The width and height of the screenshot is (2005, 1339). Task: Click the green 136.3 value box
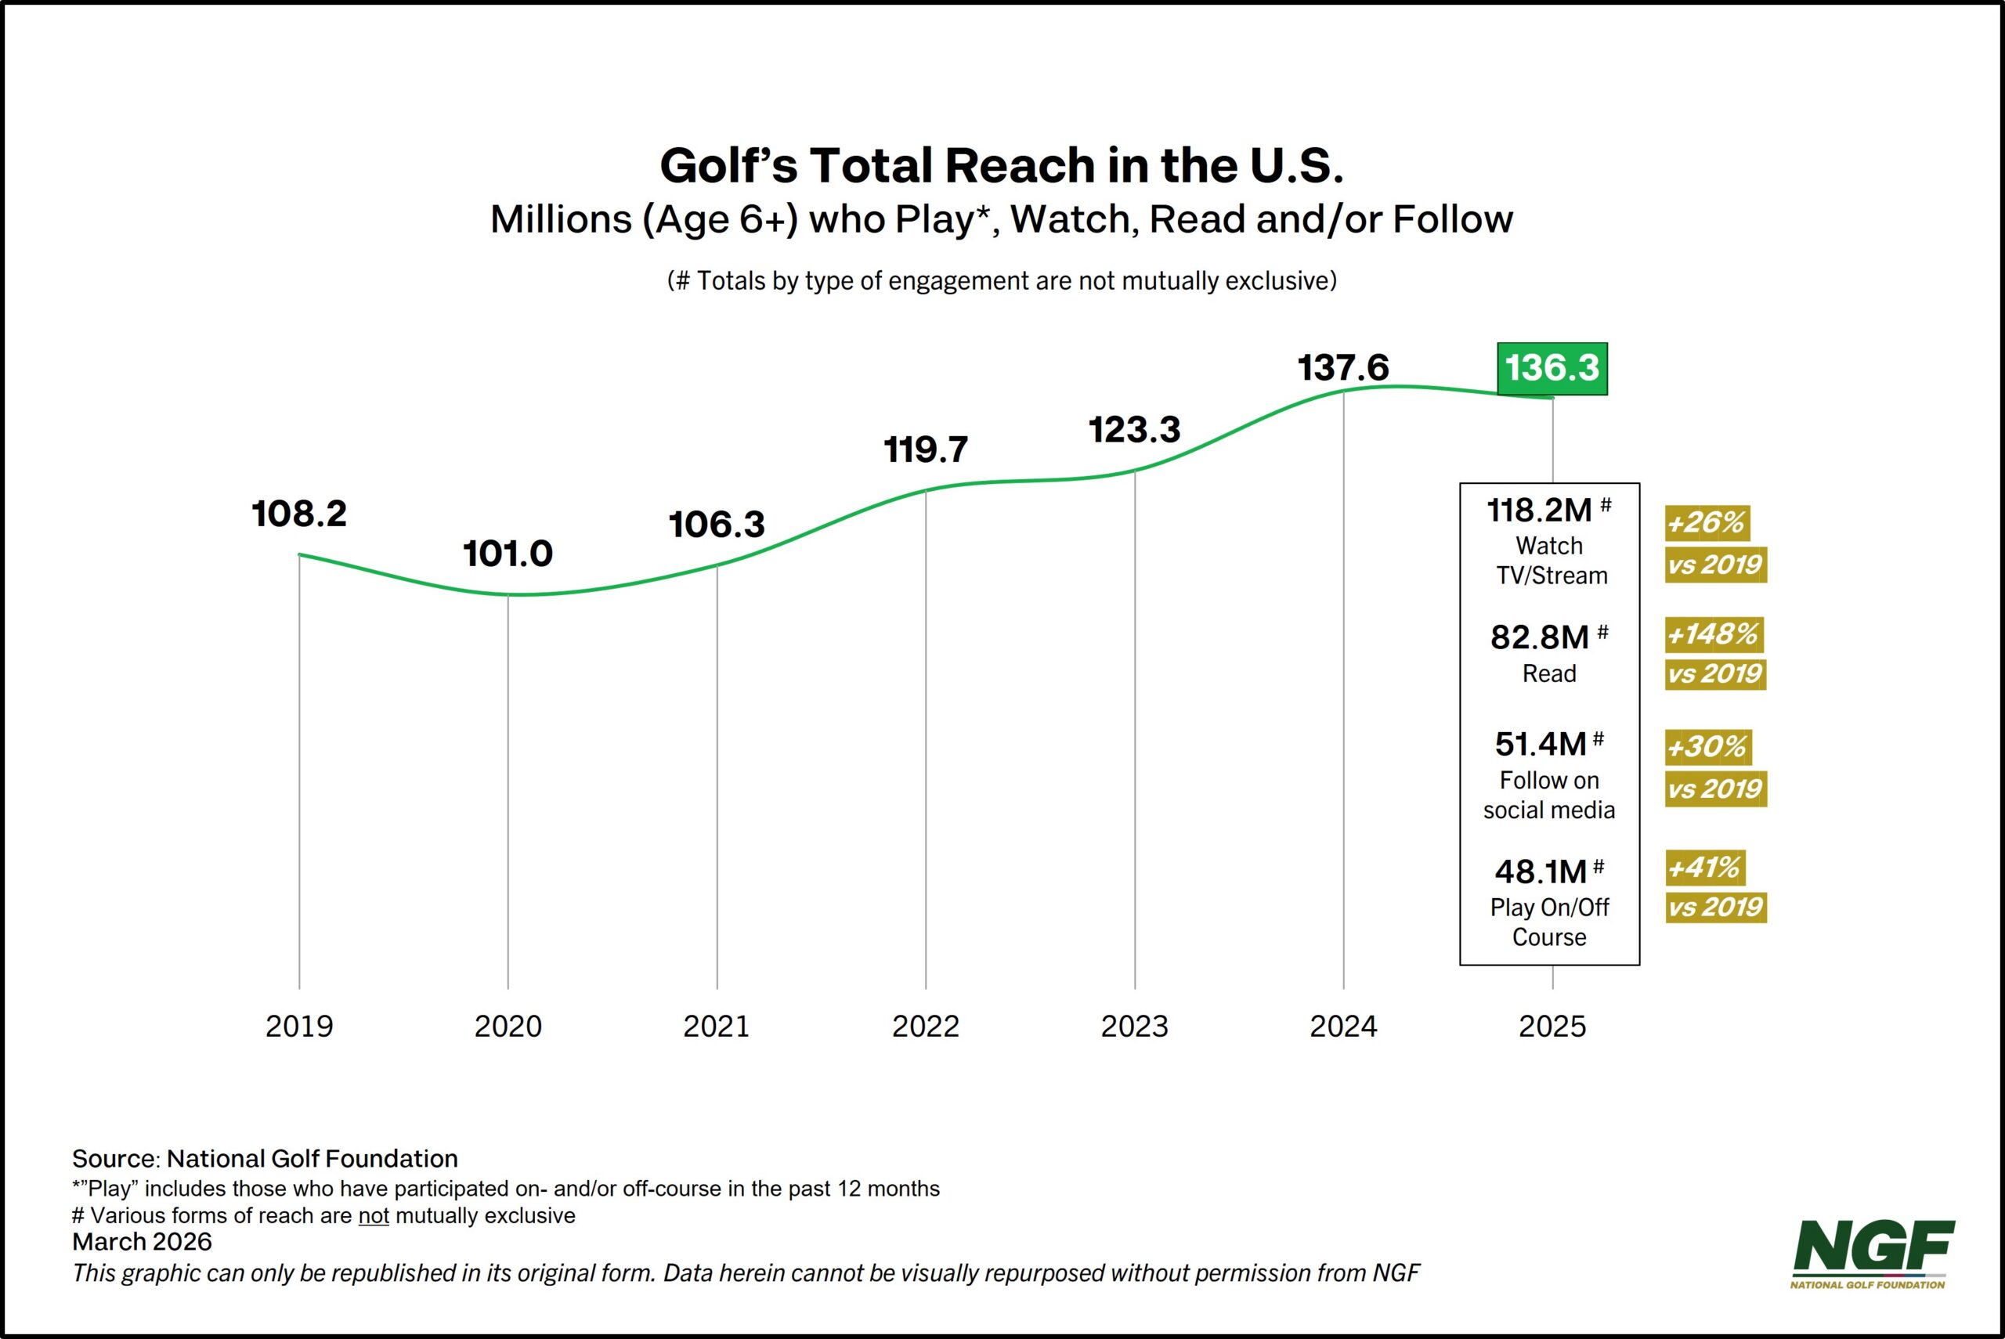pos(1552,368)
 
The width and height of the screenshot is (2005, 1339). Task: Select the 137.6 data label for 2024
pos(1343,368)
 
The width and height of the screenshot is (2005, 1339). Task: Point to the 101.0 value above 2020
pos(508,554)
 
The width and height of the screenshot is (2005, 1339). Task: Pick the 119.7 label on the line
pos(926,449)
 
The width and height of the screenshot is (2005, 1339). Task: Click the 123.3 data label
pos(1134,430)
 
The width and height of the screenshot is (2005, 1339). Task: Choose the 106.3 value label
pos(717,525)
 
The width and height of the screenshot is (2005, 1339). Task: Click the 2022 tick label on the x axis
pos(926,1026)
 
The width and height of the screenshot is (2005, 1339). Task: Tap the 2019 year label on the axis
pos(299,1026)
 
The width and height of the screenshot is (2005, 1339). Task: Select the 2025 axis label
pos(1552,1026)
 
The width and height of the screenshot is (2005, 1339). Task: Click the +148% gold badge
pos(1713,634)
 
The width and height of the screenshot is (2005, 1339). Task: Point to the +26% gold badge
pos(1706,522)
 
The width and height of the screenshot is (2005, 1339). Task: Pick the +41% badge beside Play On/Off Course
pos(1704,868)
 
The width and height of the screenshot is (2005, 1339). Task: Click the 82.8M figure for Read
pos(1540,638)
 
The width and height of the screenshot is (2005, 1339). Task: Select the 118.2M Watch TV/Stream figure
pos(1540,511)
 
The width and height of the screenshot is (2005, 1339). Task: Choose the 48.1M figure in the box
pos(1540,872)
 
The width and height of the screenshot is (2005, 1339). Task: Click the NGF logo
pos(1873,1253)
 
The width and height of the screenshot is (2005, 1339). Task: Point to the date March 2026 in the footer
pos(142,1242)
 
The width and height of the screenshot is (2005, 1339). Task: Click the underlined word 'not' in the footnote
pos(373,1215)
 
